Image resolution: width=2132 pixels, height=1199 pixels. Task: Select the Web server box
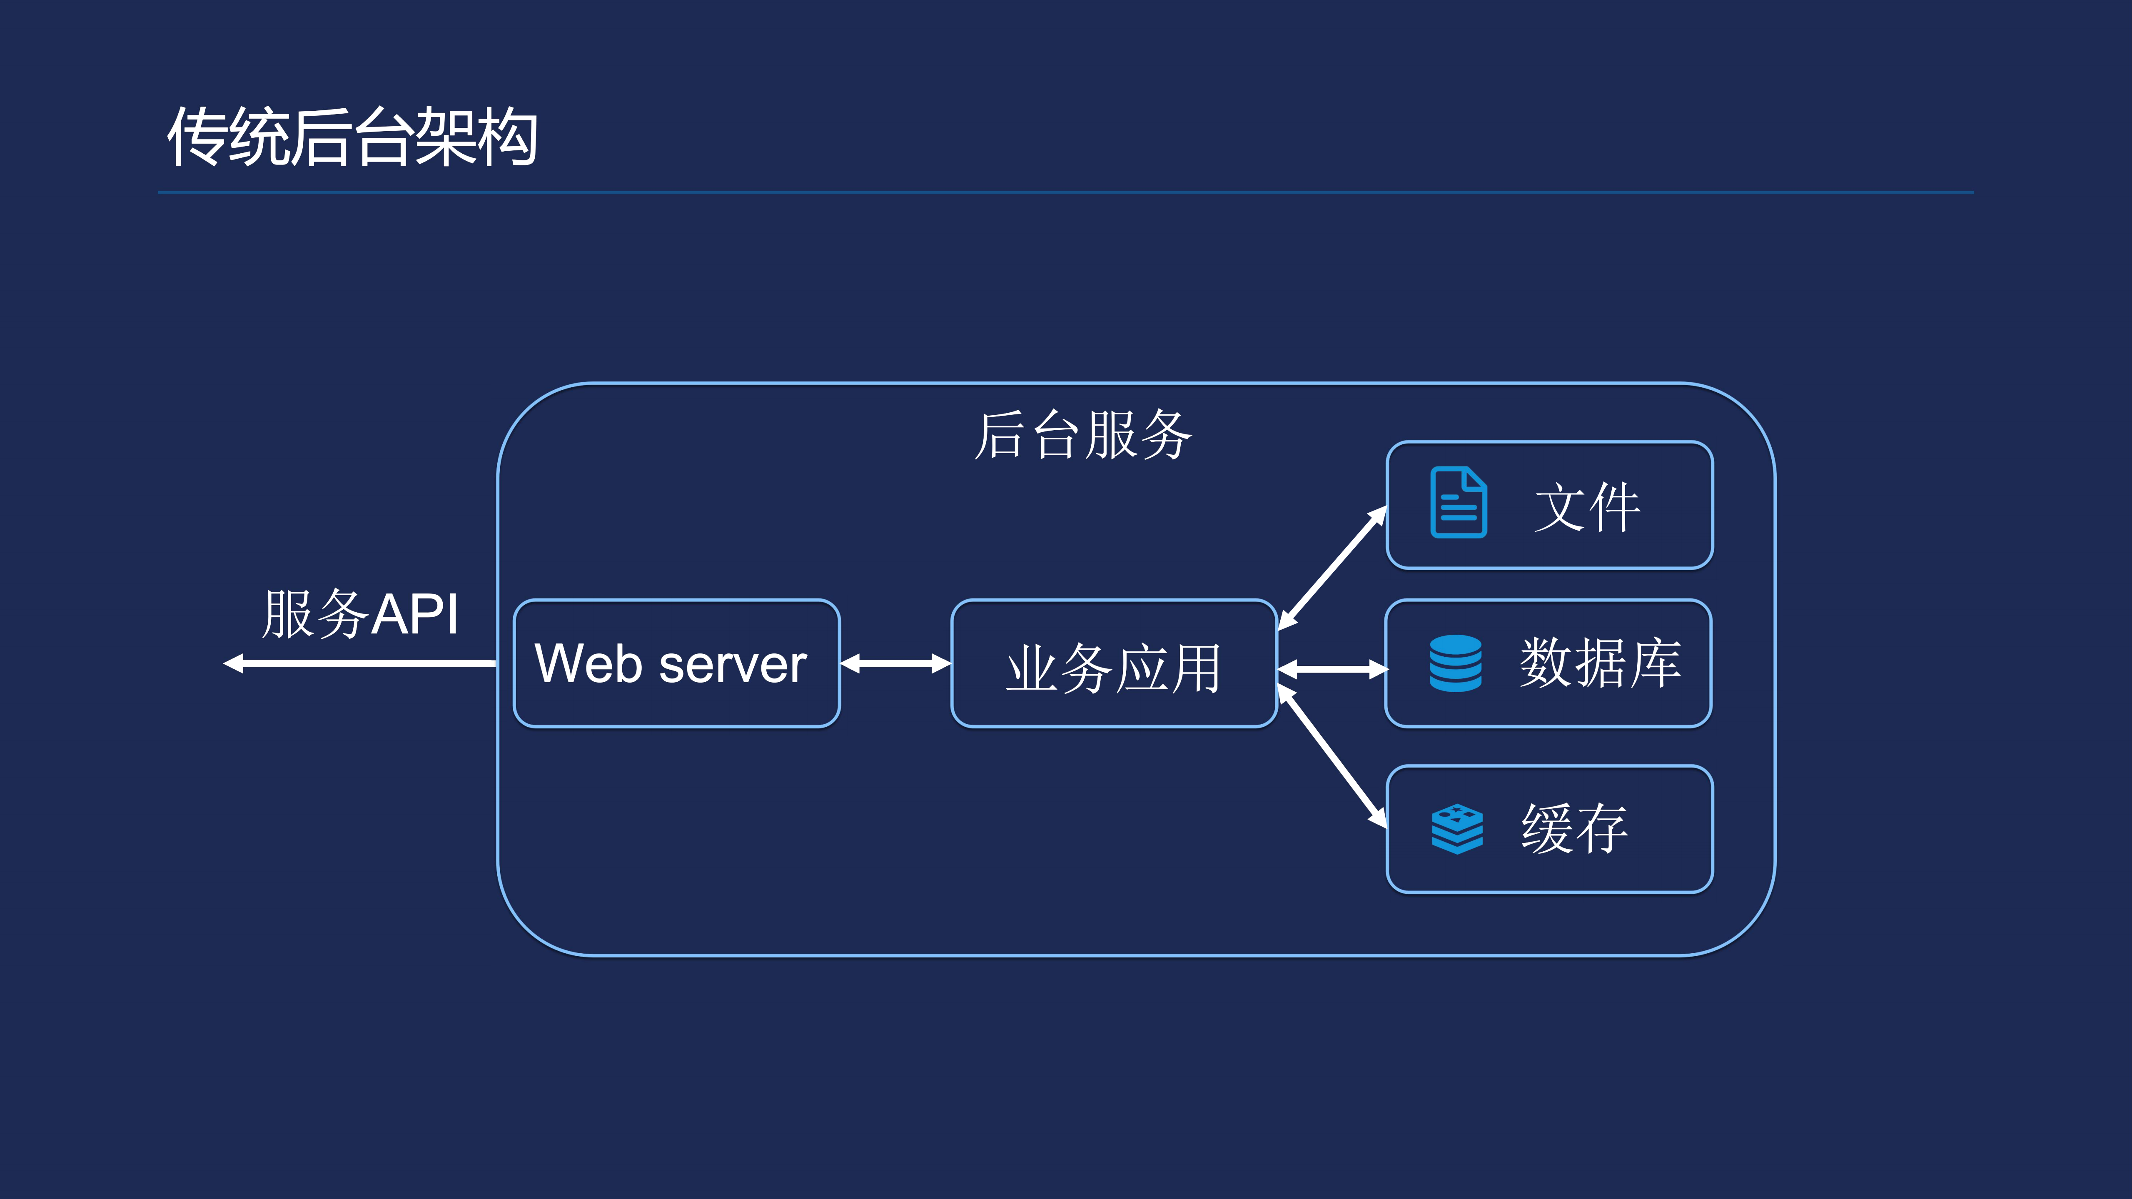coord(676,663)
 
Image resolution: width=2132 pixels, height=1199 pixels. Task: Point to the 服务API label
coord(360,614)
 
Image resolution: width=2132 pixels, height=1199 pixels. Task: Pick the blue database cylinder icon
coord(1455,663)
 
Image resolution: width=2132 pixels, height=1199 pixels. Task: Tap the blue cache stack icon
coord(1456,828)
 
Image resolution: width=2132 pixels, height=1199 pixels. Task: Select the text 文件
coord(1586,506)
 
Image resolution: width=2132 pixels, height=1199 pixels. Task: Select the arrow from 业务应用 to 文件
coord(1332,568)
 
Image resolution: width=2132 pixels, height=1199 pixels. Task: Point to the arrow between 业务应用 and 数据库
coord(1332,669)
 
